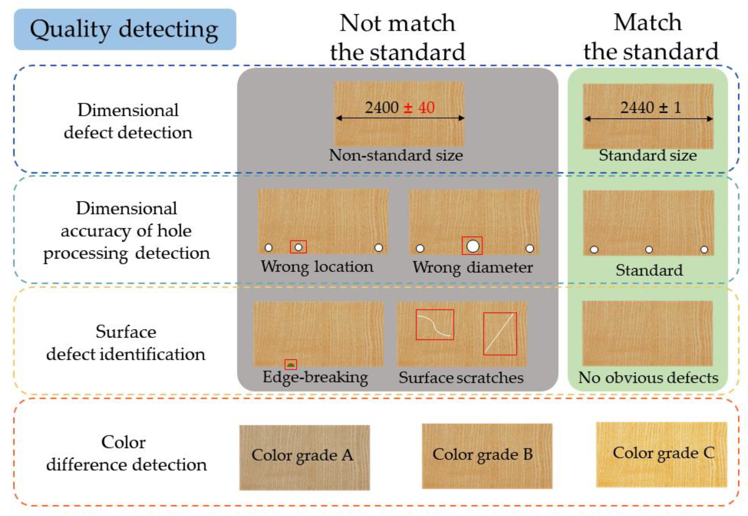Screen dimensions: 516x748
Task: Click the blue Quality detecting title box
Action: (x=125, y=29)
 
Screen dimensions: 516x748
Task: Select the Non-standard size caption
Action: (x=396, y=155)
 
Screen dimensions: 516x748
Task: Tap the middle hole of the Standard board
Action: (x=649, y=250)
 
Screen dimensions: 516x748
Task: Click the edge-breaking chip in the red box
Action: (x=291, y=365)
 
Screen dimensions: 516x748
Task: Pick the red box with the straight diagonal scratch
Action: (x=500, y=334)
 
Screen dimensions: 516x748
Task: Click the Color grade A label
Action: (x=302, y=455)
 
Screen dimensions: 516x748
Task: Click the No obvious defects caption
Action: (x=648, y=378)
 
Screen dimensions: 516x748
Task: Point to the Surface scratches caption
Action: (x=461, y=378)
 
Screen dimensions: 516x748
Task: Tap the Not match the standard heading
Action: (x=397, y=37)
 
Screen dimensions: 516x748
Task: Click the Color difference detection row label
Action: (x=126, y=453)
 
